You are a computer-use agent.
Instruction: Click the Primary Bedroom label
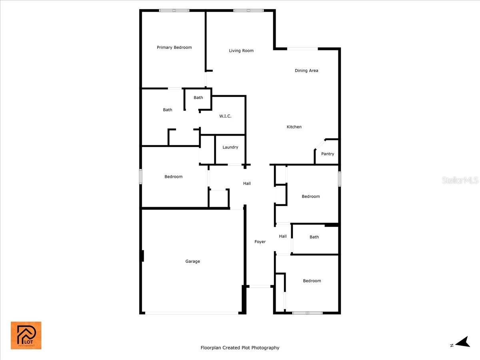point(174,48)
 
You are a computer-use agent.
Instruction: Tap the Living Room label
point(241,51)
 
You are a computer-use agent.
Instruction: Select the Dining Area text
point(306,71)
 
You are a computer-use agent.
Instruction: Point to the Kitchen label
point(294,127)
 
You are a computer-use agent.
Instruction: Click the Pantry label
point(328,154)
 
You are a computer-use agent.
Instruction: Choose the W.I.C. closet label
point(225,116)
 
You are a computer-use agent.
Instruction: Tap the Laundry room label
point(230,147)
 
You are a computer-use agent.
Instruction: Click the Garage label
point(192,262)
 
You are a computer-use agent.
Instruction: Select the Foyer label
point(260,242)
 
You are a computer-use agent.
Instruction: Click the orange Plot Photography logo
point(26,335)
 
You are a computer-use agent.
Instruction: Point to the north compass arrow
point(463,342)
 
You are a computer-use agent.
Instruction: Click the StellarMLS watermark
point(460,180)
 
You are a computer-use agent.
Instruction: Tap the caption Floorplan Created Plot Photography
point(240,348)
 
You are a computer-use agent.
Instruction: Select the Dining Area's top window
point(302,49)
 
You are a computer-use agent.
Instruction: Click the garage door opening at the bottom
point(192,313)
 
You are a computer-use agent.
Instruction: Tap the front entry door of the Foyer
point(260,286)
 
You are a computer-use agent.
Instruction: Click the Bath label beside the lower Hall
point(314,237)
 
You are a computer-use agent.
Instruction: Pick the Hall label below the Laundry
point(247,184)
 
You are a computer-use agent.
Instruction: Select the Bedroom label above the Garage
point(173,177)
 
